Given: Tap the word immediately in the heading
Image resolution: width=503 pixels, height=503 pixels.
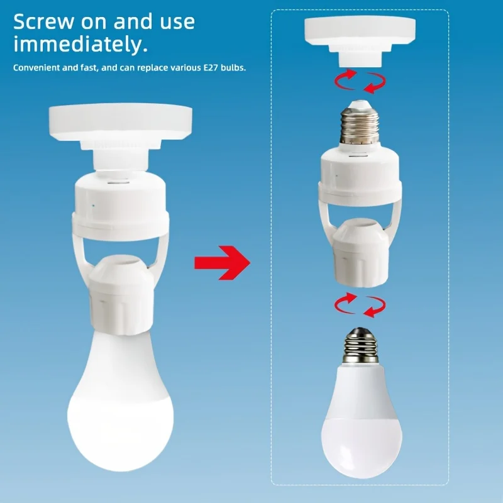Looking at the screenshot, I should coord(80,45).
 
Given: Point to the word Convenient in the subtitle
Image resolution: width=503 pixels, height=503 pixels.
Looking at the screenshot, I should coord(35,67).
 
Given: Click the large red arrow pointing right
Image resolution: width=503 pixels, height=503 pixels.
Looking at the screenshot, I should coord(221,261).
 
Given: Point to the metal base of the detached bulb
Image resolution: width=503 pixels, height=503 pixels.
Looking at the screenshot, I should coord(359,346).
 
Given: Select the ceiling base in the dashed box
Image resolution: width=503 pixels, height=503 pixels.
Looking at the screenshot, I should coord(359,38).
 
